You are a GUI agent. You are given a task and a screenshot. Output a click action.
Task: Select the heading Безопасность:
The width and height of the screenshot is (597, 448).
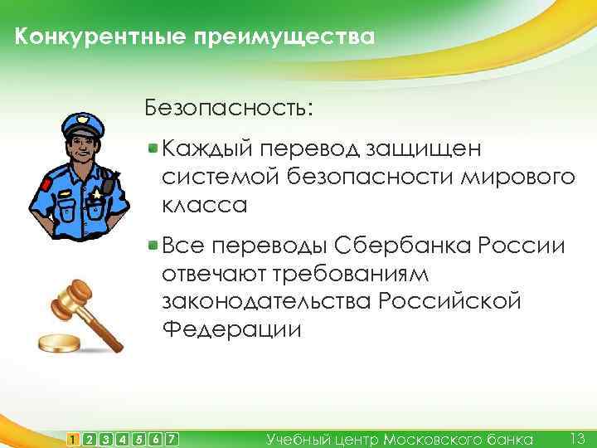pyautogui.click(x=229, y=109)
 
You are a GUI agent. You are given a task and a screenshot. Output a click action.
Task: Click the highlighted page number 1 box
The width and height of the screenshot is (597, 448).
pyautogui.click(x=75, y=438)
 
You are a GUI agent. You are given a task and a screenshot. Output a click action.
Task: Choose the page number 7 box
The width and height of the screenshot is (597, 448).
pyautogui.click(x=172, y=438)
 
